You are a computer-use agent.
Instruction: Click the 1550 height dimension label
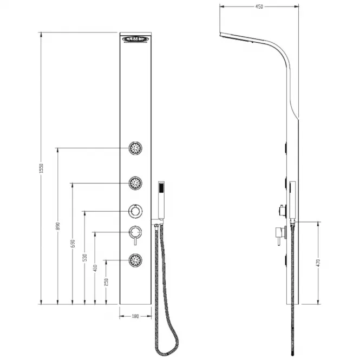[x=41, y=168]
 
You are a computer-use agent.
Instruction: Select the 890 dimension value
[x=58, y=226]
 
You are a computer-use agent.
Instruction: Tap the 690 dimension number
[x=73, y=244]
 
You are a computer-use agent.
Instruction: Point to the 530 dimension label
[x=85, y=258]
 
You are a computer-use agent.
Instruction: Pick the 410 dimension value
[x=95, y=268]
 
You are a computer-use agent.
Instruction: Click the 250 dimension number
[x=106, y=282]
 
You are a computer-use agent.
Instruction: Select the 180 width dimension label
[x=135, y=316]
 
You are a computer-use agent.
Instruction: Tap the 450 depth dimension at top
[x=259, y=6]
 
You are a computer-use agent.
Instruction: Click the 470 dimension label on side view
[x=318, y=263]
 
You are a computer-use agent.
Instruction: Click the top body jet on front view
[x=135, y=148]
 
